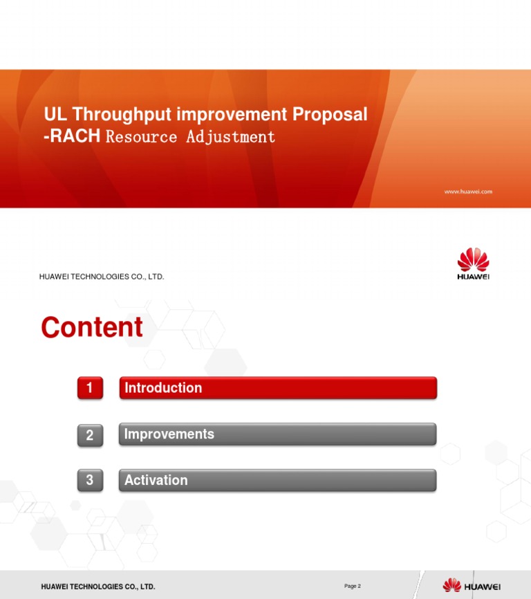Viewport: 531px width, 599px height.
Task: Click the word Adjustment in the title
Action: coord(230,136)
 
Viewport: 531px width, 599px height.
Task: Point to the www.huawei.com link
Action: coord(467,192)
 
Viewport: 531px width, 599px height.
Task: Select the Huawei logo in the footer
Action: coord(472,586)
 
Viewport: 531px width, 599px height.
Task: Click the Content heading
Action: coord(92,327)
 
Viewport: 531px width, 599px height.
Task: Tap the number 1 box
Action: coord(90,388)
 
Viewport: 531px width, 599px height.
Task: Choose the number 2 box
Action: coord(90,435)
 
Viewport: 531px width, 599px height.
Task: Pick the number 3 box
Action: coord(90,481)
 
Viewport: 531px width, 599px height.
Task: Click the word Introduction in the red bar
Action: coord(163,388)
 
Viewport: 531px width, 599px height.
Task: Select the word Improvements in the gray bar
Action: coord(169,434)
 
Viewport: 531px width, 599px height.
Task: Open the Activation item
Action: coord(156,480)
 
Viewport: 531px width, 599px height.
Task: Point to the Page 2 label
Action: coord(352,587)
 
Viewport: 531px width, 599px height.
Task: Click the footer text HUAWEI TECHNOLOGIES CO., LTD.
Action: coord(98,587)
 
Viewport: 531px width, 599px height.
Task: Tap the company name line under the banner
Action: coord(102,277)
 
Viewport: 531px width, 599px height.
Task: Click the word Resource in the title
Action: coord(142,136)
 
